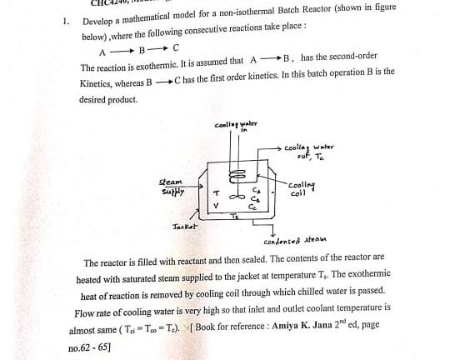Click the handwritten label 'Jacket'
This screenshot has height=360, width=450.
tap(184, 226)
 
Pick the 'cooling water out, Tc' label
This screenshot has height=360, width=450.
tap(309, 152)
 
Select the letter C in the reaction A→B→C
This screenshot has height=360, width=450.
tap(176, 49)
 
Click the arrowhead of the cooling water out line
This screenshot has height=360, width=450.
tap(279, 147)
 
